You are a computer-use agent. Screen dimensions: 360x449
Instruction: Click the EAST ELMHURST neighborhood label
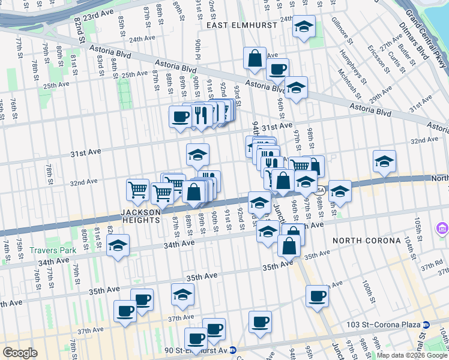tap(241, 25)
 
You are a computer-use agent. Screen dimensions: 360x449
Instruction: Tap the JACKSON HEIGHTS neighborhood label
tap(140, 212)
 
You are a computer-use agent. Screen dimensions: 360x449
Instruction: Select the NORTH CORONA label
tap(367, 241)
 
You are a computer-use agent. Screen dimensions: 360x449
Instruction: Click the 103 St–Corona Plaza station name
tap(383, 325)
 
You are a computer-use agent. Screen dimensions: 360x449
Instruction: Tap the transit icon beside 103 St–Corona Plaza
tap(426, 325)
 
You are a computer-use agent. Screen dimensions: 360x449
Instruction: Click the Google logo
tap(20, 352)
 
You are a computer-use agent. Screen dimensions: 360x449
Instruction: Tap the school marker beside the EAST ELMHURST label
tap(304, 27)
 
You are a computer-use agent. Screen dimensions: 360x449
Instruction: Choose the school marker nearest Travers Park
tap(118, 245)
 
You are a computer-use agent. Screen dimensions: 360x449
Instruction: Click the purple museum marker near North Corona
tap(443, 228)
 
